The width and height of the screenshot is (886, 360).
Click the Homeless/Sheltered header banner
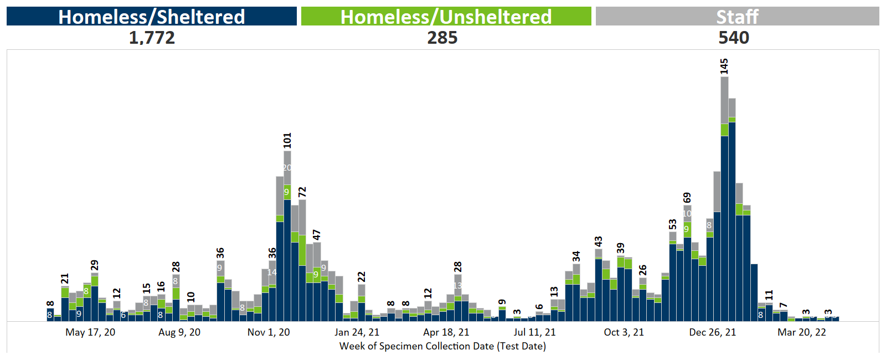click(x=151, y=17)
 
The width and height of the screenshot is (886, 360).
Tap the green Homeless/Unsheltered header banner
click(x=446, y=17)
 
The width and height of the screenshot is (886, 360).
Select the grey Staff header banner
click(x=737, y=17)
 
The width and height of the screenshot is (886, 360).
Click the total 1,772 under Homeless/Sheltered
click(x=152, y=38)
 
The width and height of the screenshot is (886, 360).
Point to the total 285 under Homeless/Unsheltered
click(x=442, y=38)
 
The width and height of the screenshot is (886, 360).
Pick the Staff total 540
click(x=734, y=38)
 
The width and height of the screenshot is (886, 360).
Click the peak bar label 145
click(x=724, y=66)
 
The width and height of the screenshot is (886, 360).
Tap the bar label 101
click(x=287, y=141)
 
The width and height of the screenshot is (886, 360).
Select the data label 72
click(x=302, y=192)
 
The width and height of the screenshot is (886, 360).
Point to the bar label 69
click(x=687, y=198)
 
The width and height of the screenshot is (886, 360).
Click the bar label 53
click(x=673, y=224)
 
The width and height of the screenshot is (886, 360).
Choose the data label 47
click(x=317, y=235)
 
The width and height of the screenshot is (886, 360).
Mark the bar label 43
click(x=599, y=241)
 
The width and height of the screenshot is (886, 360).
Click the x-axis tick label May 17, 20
click(x=90, y=332)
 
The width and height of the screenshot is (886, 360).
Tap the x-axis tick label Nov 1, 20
click(x=269, y=332)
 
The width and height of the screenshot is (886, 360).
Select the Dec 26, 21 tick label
click(x=713, y=332)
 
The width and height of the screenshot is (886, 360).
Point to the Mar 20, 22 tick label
click(x=802, y=332)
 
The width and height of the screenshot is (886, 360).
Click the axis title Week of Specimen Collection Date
click(x=442, y=346)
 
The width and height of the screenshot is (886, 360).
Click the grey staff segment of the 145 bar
click(x=724, y=100)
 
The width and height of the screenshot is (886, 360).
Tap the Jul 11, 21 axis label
click(x=534, y=332)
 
